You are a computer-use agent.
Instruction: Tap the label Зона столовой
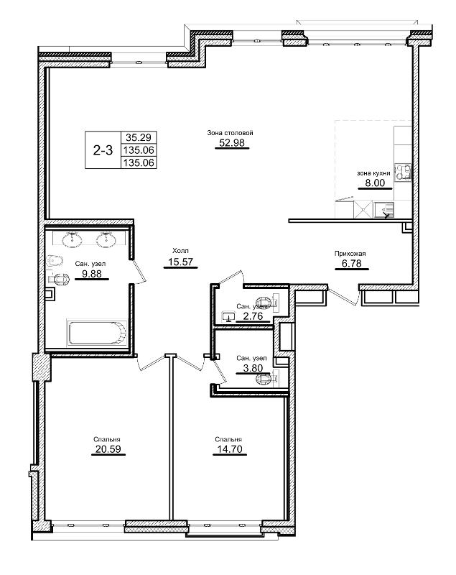230,132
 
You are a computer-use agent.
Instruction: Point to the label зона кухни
373,173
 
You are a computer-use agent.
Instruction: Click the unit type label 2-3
103,150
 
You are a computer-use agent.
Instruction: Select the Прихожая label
350,253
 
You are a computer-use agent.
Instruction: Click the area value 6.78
351,263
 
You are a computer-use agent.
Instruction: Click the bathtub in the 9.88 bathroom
96,333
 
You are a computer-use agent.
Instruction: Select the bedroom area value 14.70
227,451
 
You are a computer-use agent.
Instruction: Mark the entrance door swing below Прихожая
343,295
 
